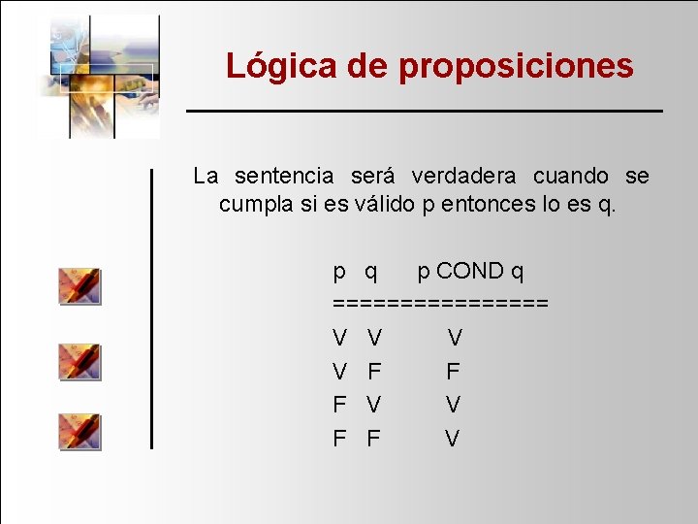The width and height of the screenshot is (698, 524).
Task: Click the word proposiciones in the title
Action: pos(516,66)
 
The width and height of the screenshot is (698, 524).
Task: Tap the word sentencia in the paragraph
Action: pos(284,176)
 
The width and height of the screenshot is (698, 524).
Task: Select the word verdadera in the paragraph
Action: pos(465,176)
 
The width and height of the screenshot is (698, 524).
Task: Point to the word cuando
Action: pos(571,176)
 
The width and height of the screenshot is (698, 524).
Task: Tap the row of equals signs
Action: pos(441,303)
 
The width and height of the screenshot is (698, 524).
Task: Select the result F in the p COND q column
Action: pos(453,371)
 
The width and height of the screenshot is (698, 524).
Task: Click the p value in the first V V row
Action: pos(340,338)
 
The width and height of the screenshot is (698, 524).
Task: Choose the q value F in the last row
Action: pos(373,439)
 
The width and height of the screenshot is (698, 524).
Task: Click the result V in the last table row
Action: pos(453,439)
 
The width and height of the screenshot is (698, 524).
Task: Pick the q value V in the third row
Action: pos(373,405)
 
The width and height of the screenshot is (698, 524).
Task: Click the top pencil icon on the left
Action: pos(79,286)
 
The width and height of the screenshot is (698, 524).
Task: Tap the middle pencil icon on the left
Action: pos(79,361)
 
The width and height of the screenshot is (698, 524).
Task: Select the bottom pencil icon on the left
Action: pos(79,431)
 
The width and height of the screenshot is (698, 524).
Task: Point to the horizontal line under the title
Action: pos(425,112)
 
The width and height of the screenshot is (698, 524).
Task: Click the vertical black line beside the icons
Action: pos(151,309)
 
